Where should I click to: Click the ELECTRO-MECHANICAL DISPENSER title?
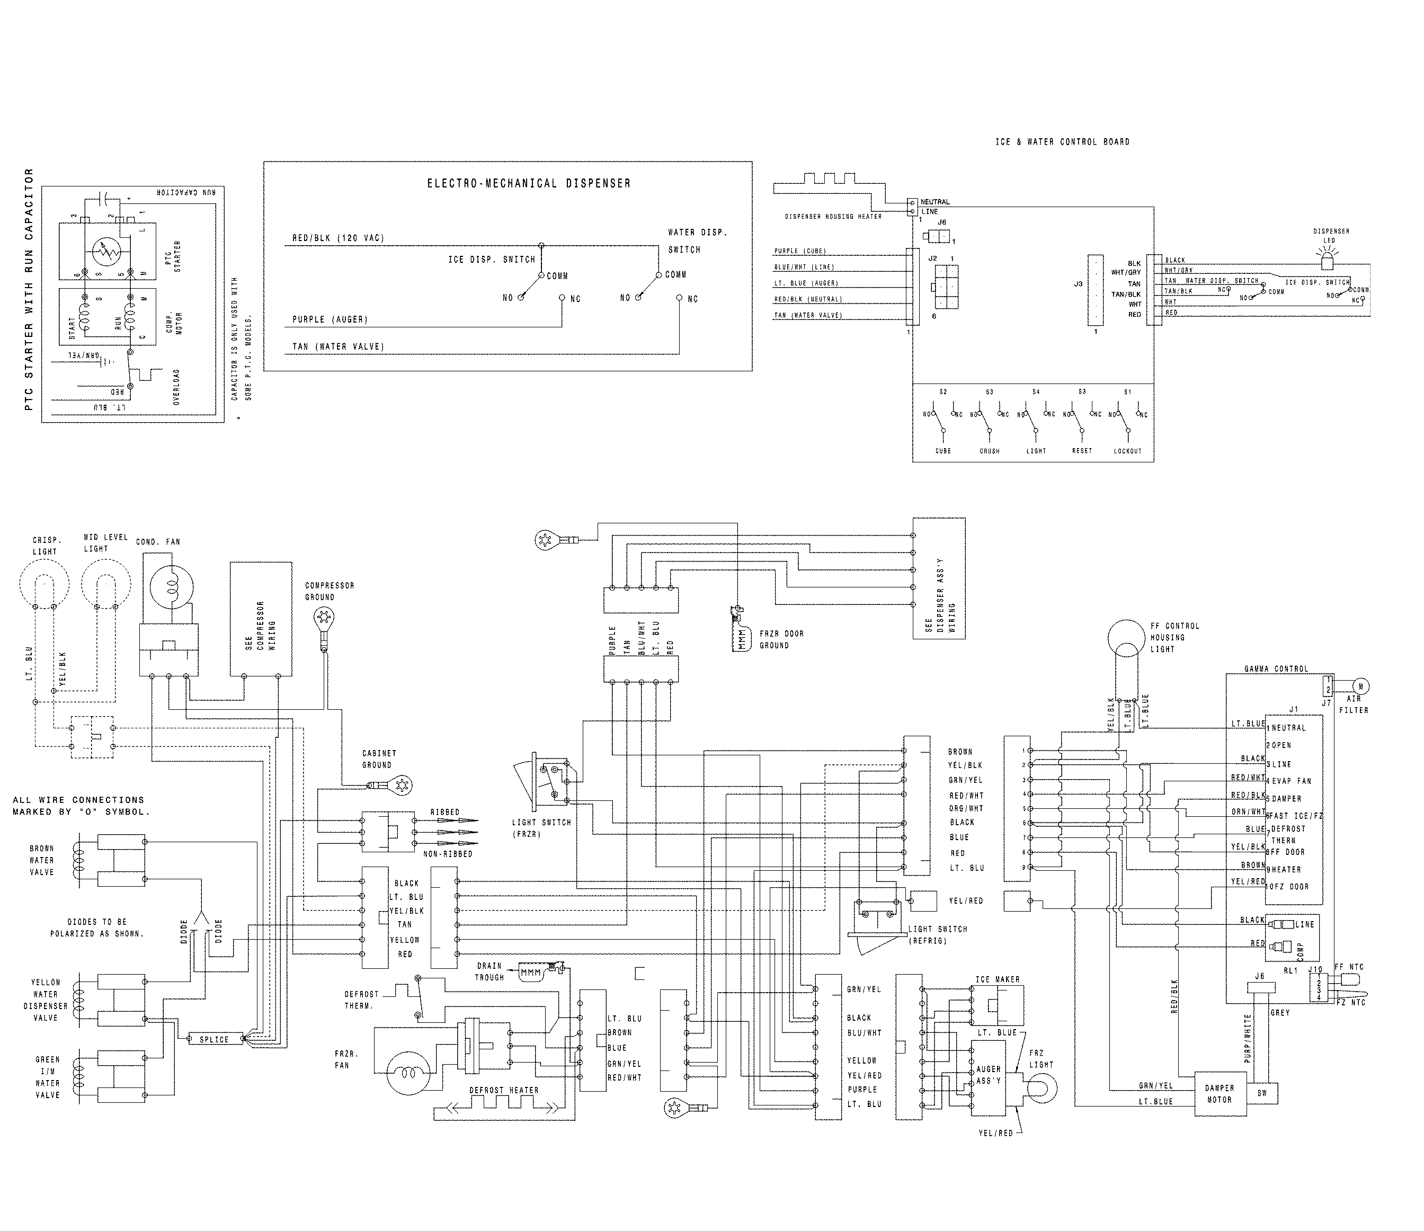(x=529, y=183)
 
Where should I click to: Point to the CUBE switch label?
(x=943, y=451)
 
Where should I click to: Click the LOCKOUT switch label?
(x=1127, y=451)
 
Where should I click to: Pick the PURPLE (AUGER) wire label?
(x=330, y=319)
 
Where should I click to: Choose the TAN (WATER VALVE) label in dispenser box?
(x=338, y=346)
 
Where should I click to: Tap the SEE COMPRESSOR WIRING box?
(x=261, y=619)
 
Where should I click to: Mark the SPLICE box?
(x=215, y=1039)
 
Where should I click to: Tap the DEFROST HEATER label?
(x=504, y=1090)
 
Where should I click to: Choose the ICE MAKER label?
(x=997, y=979)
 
